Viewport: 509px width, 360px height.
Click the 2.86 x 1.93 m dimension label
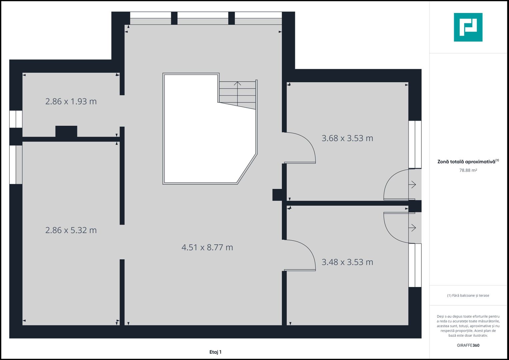click(x=71, y=101)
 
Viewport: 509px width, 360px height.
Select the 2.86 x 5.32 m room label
click(x=71, y=230)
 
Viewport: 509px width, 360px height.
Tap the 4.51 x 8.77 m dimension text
click(x=207, y=247)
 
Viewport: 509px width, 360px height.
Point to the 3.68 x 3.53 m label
click(x=347, y=138)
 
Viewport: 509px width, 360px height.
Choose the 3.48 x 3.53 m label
click(x=347, y=262)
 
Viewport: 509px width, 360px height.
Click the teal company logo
click(x=468, y=27)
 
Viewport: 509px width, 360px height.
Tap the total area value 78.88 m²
click(x=468, y=170)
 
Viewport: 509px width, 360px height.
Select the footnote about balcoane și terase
click(x=468, y=295)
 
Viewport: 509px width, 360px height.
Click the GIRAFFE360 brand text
click(x=468, y=345)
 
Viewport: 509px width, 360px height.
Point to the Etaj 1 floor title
click(x=215, y=352)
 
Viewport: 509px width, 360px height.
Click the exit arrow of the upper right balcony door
click(x=413, y=184)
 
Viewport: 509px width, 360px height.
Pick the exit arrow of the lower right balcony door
click(x=413, y=228)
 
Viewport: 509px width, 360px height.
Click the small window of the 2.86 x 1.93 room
click(x=16, y=119)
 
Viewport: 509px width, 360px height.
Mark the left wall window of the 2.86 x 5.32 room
click(x=16, y=165)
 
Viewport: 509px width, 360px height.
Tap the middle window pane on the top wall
click(x=203, y=18)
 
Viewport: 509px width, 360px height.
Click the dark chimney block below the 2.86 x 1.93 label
click(x=66, y=131)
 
